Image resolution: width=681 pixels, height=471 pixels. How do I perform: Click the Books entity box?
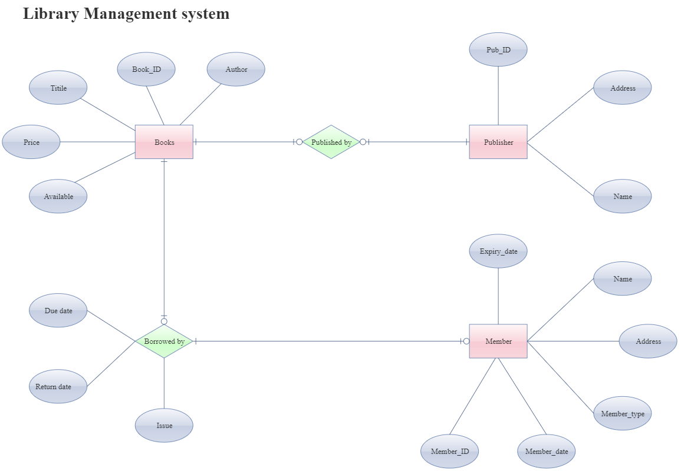(x=164, y=142)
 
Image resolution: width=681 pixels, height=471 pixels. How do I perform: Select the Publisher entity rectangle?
(x=498, y=142)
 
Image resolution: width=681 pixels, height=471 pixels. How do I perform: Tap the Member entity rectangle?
(x=498, y=341)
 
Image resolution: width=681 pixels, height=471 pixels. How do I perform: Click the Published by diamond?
(x=331, y=142)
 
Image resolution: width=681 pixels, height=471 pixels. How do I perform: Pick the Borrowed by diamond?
(x=164, y=341)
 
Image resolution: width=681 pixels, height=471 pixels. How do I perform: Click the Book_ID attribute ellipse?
(x=146, y=69)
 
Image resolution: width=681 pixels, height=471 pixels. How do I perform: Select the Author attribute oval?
(x=236, y=69)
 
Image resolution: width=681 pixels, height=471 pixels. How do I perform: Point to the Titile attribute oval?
(x=58, y=88)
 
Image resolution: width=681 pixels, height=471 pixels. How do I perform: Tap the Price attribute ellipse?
(x=31, y=142)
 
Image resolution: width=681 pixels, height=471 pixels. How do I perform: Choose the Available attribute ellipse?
(x=58, y=196)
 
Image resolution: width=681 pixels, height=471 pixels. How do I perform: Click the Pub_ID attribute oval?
(x=498, y=49)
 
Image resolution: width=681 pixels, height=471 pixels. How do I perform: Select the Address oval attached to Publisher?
(x=623, y=88)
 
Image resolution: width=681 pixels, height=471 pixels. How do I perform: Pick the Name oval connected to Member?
(x=623, y=278)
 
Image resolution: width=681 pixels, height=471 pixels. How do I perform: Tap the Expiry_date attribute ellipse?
(x=498, y=251)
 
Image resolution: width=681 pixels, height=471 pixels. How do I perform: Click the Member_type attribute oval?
(x=623, y=413)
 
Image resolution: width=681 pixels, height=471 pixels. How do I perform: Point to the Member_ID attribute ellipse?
(x=449, y=452)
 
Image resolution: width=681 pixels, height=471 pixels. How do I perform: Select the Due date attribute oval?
(x=58, y=310)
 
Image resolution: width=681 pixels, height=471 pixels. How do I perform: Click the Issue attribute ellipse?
(x=164, y=425)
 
